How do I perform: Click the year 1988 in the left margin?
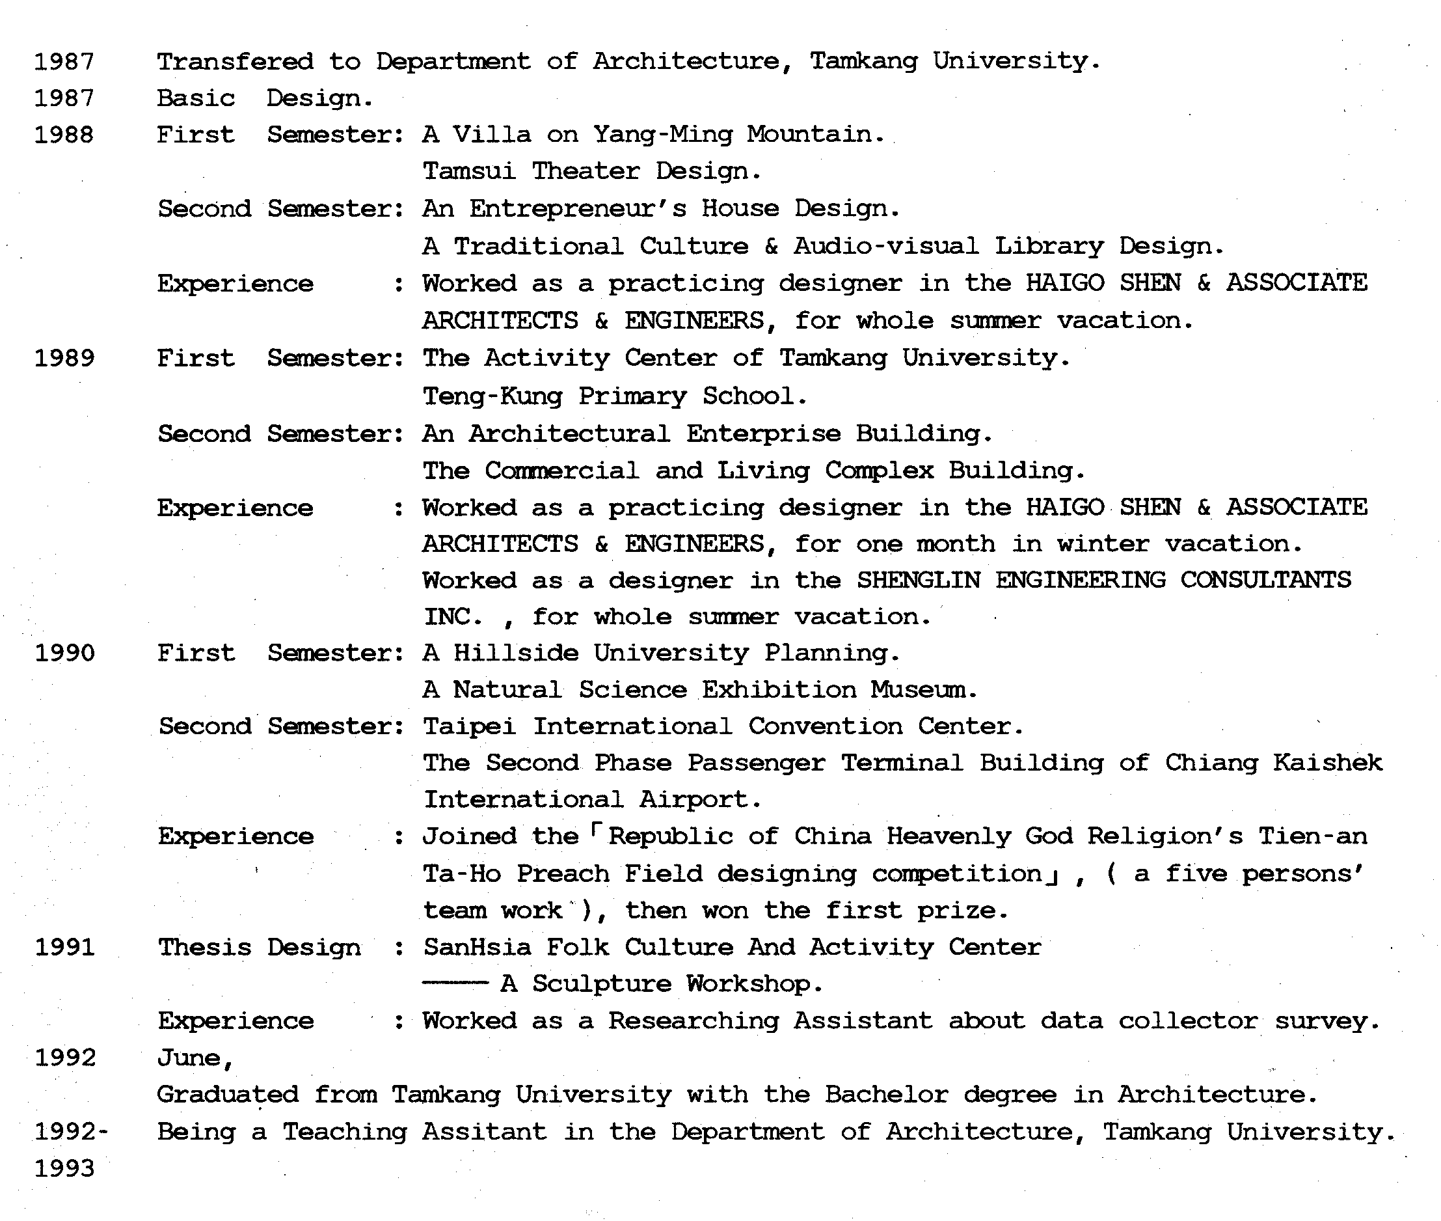point(64,135)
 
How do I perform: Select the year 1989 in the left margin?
point(64,359)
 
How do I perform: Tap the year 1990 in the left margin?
point(64,653)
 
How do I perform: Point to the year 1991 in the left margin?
point(64,948)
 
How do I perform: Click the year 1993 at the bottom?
point(64,1169)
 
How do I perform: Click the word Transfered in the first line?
point(234,62)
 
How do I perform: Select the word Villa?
point(491,134)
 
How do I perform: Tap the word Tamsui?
point(469,171)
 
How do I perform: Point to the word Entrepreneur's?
point(577,208)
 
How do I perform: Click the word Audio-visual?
point(885,246)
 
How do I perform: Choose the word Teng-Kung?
point(492,396)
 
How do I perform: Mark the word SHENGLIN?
point(918,580)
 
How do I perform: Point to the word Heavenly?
point(948,837)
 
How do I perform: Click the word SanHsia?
point(478,948)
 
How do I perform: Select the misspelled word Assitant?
point(484,1132)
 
